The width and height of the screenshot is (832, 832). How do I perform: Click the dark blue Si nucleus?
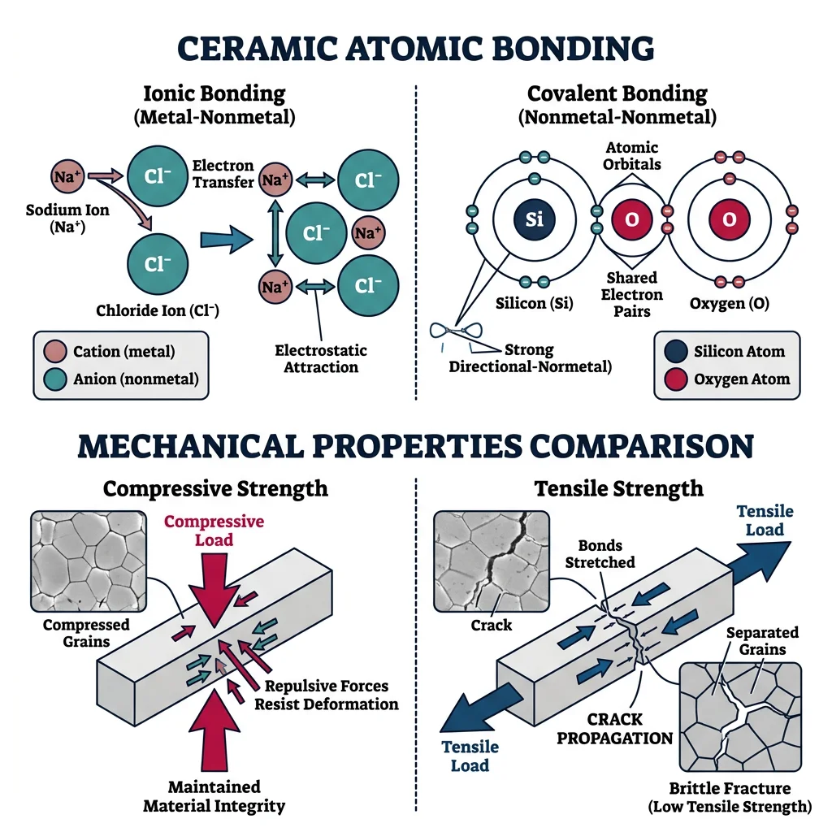[535, 219]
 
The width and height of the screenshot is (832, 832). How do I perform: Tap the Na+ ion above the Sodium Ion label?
[65, 175]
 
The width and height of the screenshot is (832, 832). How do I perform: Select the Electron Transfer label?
[223, 174]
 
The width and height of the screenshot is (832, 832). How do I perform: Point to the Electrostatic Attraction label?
[321, 358]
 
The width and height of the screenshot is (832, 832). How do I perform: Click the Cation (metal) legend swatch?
[55, 352]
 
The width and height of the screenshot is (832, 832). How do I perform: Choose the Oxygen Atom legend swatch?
[674, 379]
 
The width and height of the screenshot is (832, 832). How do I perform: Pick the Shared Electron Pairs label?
[631, 294]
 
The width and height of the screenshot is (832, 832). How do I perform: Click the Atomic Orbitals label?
[633, 155]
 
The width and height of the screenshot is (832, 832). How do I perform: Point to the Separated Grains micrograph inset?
[739, 717]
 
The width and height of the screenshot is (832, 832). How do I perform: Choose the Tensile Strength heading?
[618, 488]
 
